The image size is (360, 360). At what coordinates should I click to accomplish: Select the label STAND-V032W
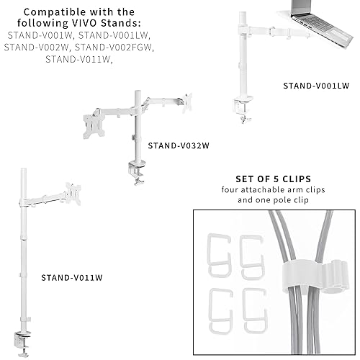(x=178, y=145)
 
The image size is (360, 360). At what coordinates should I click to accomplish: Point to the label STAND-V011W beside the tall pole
(x=71, y=276)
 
